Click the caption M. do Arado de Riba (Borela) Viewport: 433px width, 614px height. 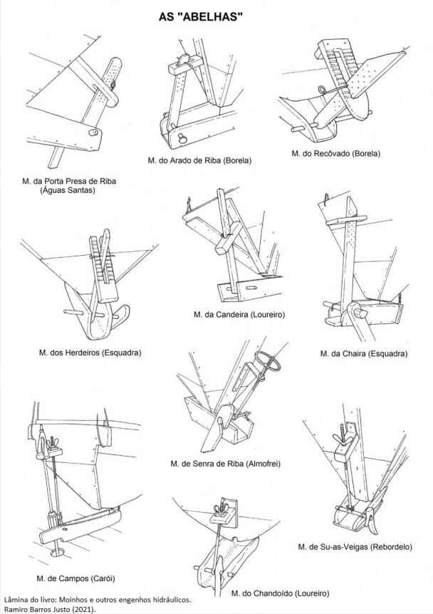pos(199,160)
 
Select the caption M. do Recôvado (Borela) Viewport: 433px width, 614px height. pos(336,153)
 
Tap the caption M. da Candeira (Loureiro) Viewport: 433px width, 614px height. pos(239,314)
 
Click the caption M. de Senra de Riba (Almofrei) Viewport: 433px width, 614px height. pos(226,464)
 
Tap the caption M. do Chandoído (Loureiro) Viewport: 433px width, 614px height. pos(280,593)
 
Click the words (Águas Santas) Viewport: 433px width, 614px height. pos(68,190)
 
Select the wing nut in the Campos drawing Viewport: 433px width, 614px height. pos(51,445)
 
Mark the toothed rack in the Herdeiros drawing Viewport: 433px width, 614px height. pos(104,259)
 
